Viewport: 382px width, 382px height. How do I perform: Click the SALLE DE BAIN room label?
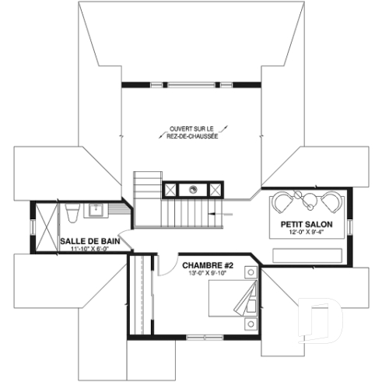tap(89, 241)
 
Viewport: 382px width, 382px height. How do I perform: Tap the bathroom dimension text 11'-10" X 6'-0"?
tap(89, 250)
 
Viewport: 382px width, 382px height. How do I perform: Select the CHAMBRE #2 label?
tap(205, 264)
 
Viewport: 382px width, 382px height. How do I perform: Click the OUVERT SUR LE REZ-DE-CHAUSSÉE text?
tap(192, 131)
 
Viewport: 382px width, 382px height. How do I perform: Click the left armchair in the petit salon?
tap(282, 202)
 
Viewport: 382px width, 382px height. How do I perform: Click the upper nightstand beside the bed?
tap(250, 272)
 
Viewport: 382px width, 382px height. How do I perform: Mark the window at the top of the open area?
tap(191, 83)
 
